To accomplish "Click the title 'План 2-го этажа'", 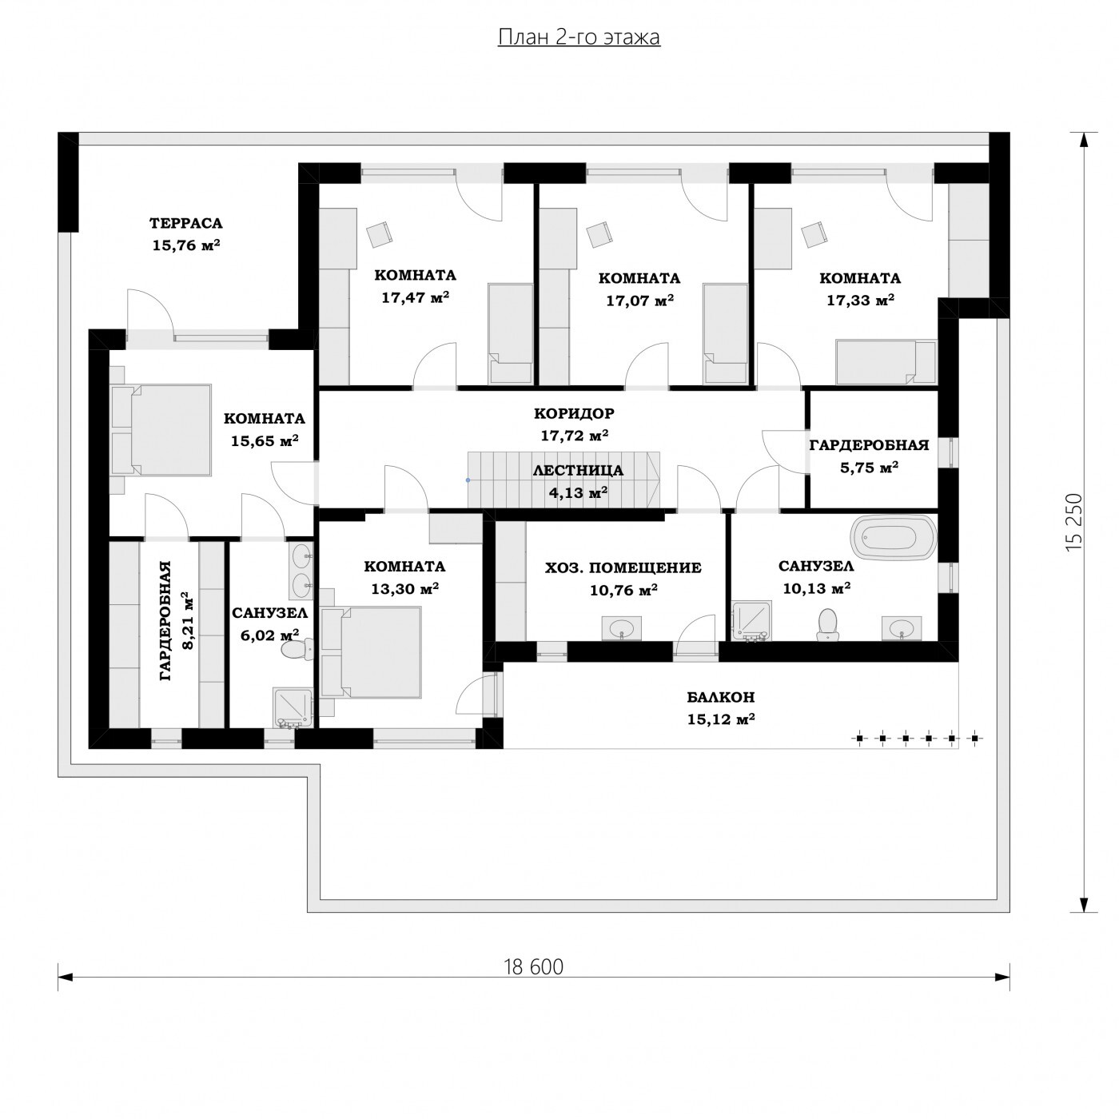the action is (579, 38).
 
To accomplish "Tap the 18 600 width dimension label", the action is (533, 967).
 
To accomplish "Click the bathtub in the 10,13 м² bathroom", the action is (894, 538).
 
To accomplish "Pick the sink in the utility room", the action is (622, 628).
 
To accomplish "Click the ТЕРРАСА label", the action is (185, 224).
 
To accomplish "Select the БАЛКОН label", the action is (721, 697).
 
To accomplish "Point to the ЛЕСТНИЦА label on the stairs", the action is (578, 471).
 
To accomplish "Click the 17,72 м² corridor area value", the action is (575, 436).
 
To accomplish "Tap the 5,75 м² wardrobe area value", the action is (869, 467).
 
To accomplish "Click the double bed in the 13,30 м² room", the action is (376, 651).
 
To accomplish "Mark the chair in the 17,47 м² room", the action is (380, 234).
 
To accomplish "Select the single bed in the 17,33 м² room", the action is (885, 361).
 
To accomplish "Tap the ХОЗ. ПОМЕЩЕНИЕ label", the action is (623, 567).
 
